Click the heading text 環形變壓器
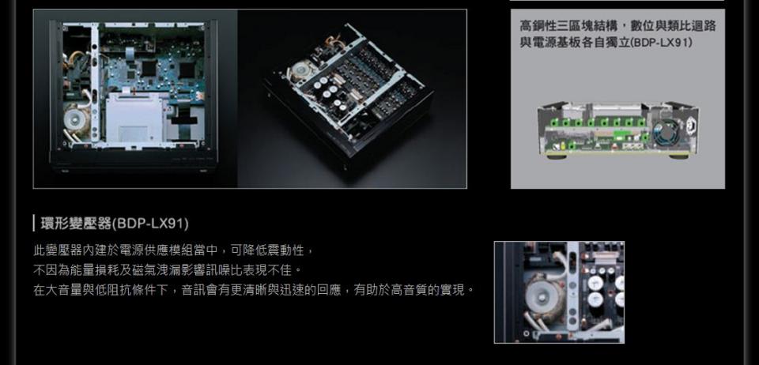(x=76, y=224)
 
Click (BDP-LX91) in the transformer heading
(x=150, y=224)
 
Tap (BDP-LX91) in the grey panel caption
(x=661, y=43)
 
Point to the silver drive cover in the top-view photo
(x=134, y=118)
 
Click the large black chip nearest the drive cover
(x=148, y=68)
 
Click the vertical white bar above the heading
(x=34, y=224)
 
